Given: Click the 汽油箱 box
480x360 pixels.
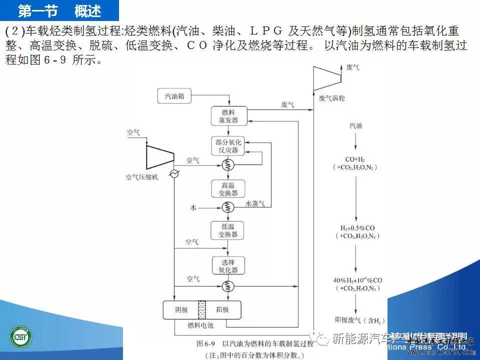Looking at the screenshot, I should tap(174, 96).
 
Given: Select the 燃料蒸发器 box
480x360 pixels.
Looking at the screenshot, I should tap(228, 115).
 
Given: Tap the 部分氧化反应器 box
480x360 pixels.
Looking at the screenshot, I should tap(228, 145).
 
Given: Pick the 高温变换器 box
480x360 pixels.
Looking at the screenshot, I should tap(228, 188).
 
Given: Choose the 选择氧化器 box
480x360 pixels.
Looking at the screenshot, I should tap(228, 265).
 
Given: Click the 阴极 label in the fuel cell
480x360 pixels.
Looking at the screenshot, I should tap(181, 310).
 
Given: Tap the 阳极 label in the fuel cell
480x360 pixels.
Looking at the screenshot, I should tap(222, 310).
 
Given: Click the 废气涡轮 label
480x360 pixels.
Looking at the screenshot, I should tap(332, 98).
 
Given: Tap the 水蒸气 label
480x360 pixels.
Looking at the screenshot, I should tap(258, 203).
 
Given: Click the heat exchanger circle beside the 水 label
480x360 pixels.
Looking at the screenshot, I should tap(228, 206).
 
